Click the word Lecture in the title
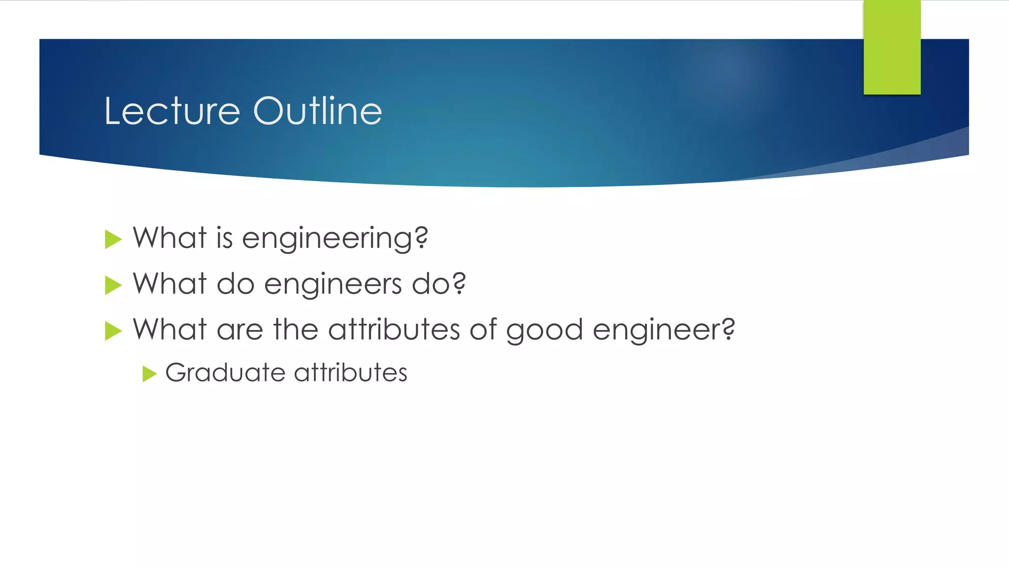172,111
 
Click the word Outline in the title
317,111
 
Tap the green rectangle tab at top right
892,47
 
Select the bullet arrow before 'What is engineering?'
113,240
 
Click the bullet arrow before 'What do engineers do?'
113,285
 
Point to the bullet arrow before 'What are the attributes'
113,331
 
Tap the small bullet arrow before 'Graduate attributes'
149,374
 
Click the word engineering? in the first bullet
335,239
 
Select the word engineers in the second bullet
333,284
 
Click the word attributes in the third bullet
394,329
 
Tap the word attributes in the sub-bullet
351,373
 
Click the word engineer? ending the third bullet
664,330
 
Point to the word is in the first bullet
224,238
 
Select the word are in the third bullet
240,330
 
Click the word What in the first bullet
169,238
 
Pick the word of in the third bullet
483,329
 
